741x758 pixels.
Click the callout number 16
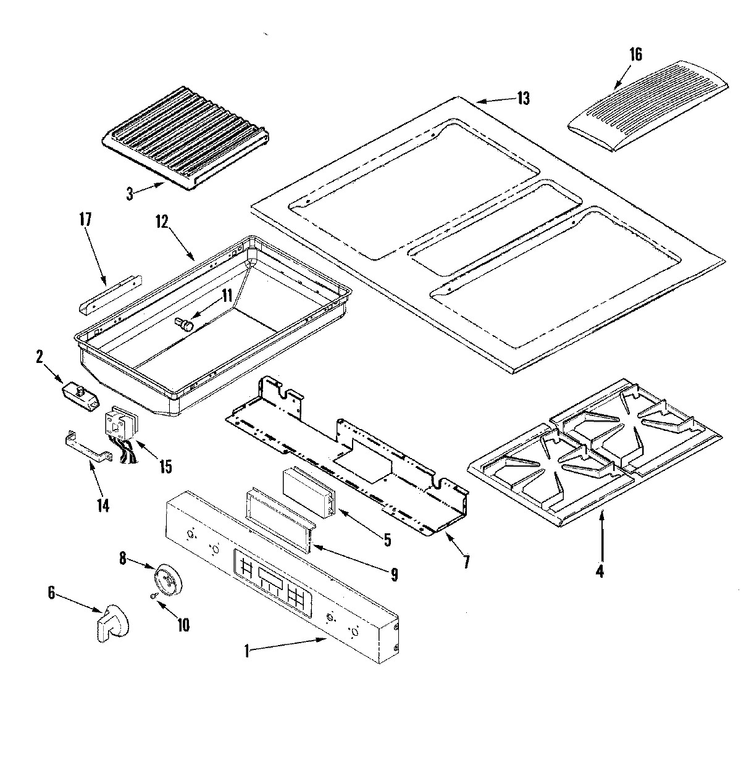coord(635,54)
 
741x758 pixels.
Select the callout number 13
coord(523,99)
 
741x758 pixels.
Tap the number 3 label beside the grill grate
coord(130,194)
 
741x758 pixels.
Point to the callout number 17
coord(85,220)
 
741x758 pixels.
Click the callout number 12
coord(162,221)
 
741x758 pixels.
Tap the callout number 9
coord(393,575)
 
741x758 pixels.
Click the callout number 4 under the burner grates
coord(600,571)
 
